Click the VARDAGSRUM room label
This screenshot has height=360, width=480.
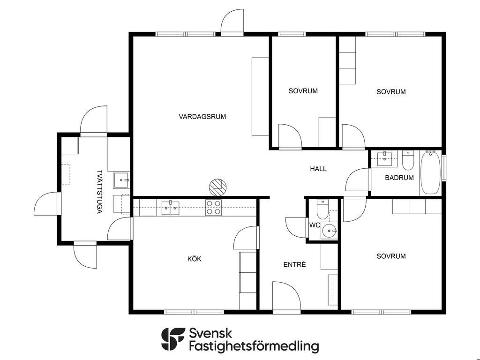[202, 117]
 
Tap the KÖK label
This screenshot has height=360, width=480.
[195, 259]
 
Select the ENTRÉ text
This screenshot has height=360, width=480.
[294, 264]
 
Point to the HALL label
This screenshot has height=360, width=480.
[318, 169]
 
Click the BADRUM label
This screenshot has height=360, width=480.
[399, 178]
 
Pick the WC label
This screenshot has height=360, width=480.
[315, 225]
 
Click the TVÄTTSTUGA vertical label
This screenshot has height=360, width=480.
[99, 192]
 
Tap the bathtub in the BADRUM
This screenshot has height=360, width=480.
[430, 172]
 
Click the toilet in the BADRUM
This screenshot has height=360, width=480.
[408, 160]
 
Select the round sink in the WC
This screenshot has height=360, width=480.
[329, 230]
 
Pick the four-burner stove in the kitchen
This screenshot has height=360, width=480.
[213, 208]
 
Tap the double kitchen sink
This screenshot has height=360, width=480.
[170, 208]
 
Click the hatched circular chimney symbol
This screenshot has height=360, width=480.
[217, 187]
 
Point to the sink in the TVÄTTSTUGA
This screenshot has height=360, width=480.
[121, 180]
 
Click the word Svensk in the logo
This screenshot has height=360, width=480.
[210, 333]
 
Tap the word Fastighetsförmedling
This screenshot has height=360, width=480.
[254, 346]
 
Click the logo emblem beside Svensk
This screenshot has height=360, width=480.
[173, 339]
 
